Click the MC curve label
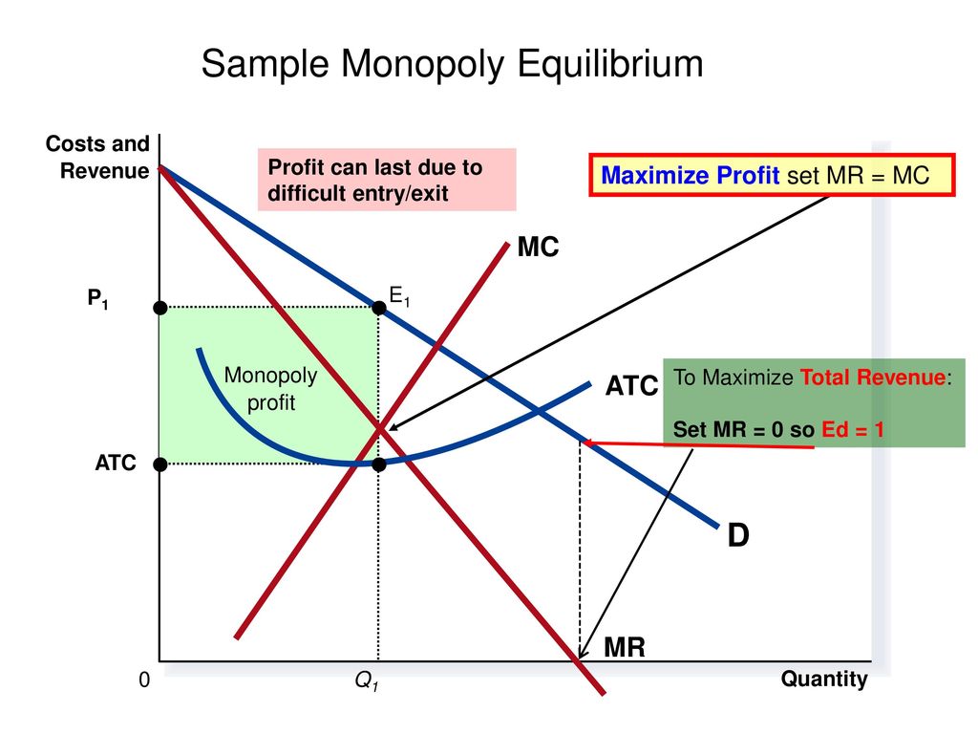pyautogui.click(x=539, y=248)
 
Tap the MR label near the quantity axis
pyautogui.click(x=625, y=647)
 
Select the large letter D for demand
pyautogui.click(x=738, y=535)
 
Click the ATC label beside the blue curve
pyautogui.click(x=631, y=386)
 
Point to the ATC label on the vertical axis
pyautogui.click(x=116, y=463)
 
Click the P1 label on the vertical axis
pyautogui.click(x=98, y=298)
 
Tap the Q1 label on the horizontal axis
pyautogui.click(x=367, y=680)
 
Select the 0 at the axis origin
pyautogui.click(x=144, y=680)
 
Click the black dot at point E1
pyautogui.click(x=378, y=307)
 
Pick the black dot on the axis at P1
pyautogui.click(x=160, y=308)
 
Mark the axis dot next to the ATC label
pyautogui.click(x=160, y=464)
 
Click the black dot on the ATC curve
pyautogui.click(x=378, y=464)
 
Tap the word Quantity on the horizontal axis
pyautogui.click(x=824, y=680)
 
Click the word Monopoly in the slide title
pyautogui.click(x=422, y=64)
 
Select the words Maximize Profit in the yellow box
pyautogui.click(x=690, y=176)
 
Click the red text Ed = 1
pyautogui.click(x=853, y=429)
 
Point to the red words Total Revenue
pyautogui.click(x=873, y=377)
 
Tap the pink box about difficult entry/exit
pyautogui.click(x=387, y=180)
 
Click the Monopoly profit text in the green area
pyautogui.click(x=270, y=389)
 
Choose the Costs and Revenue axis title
pyautogui.click(x=97, y=158)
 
